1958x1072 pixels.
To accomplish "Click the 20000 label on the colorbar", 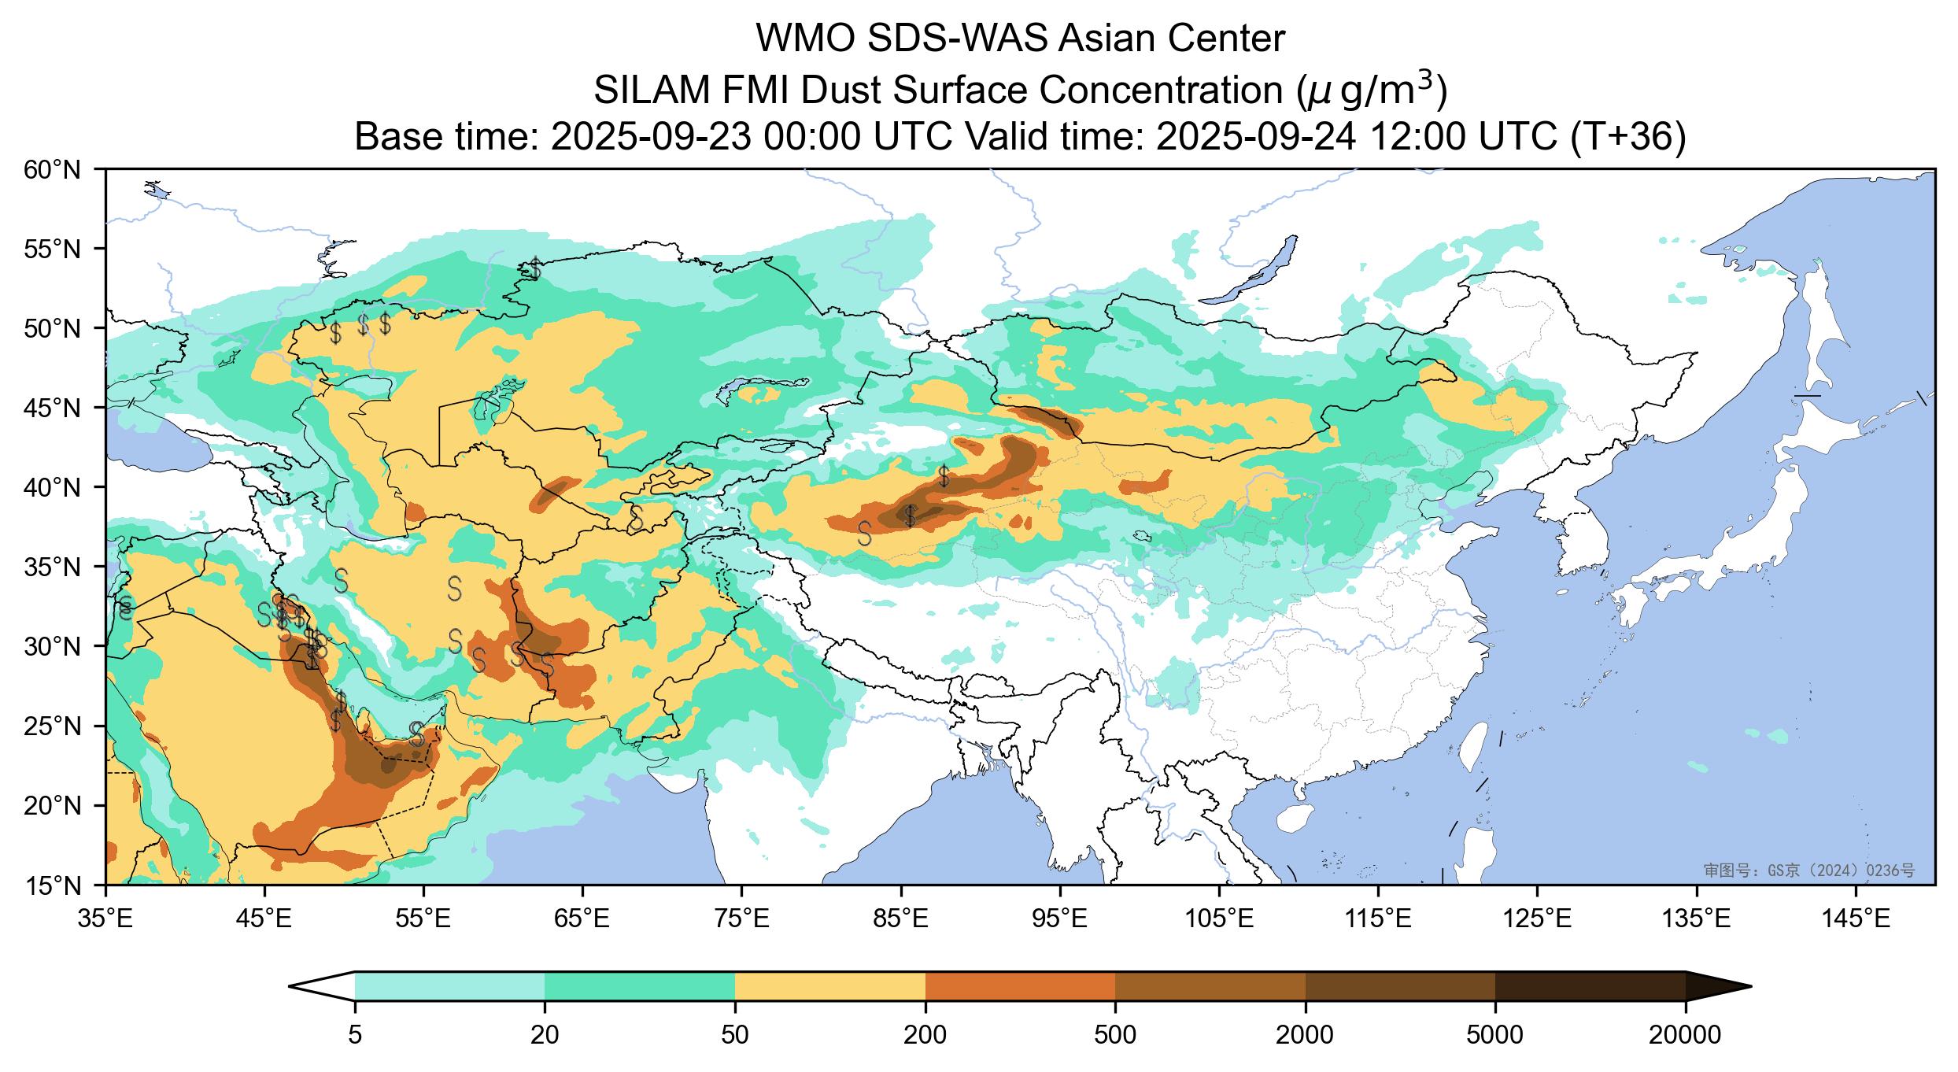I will pos(1685,1035).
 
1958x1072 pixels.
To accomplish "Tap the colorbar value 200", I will pos(925,1035).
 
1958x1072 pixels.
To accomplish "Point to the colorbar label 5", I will pos(355,1035).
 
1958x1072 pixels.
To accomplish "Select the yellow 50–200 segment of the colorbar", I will pos(829,986).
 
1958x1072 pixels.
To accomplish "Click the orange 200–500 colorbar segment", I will pos(1020,986).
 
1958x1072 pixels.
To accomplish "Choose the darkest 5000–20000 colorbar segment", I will pos(1590,986).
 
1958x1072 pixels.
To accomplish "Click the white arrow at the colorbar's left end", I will pos(323,986).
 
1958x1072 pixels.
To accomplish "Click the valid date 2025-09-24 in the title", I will pos(1257,138).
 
